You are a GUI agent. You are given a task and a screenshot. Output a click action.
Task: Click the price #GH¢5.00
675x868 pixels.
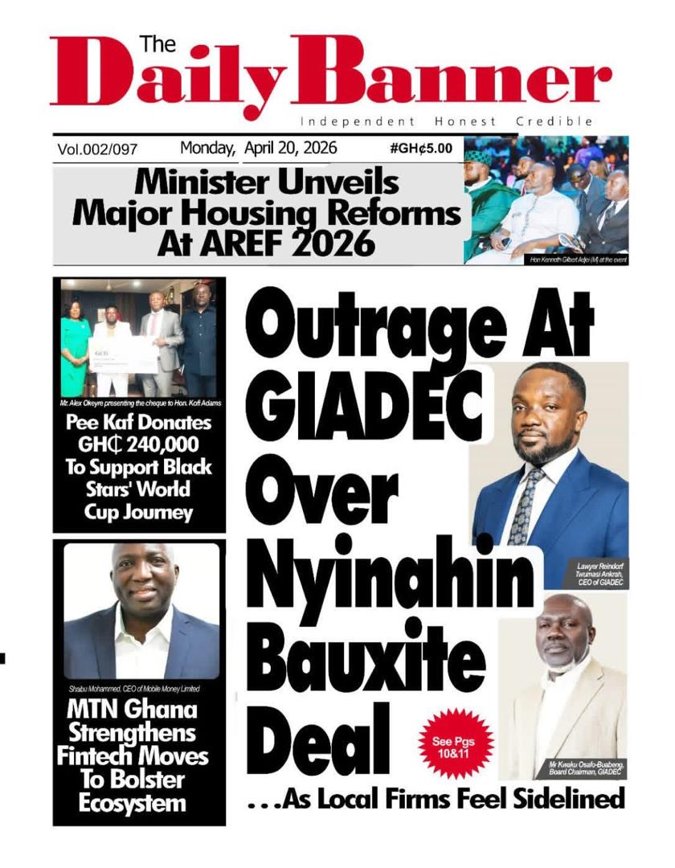coord(420,148)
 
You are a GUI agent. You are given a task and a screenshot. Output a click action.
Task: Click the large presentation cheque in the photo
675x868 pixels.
coord(121,353)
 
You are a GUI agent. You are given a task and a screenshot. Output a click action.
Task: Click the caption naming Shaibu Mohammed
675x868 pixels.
coord(133,689)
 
